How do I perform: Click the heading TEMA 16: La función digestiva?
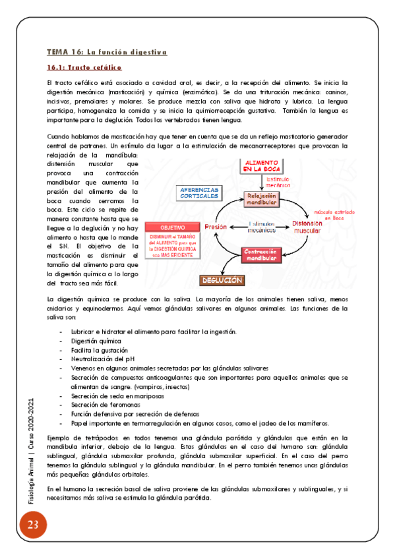107,51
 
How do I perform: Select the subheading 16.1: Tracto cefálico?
84,67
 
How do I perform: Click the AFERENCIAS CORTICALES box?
200,192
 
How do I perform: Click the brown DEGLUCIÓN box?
222,280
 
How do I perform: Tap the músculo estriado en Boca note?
330,214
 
